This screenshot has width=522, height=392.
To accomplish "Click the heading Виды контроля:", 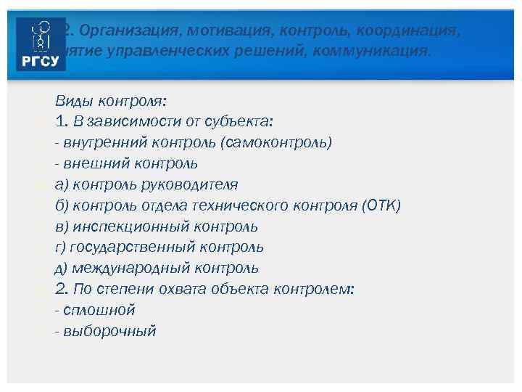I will pos(109,100).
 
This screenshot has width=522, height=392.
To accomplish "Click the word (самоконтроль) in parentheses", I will pos(278,142).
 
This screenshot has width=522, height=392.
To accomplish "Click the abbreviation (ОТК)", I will pos(379,205).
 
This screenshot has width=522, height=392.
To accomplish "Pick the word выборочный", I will pos(109,331).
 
